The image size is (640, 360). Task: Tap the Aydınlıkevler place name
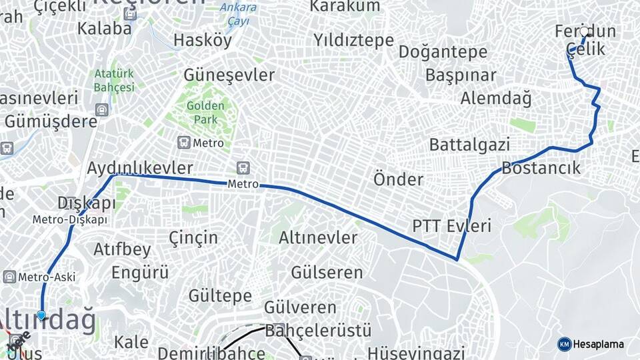point(140,168)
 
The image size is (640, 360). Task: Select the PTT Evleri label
point(451,226)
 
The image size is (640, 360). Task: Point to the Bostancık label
point(541,167)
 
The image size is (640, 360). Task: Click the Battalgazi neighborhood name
point(469,144)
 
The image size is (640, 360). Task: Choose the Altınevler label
point(318,237)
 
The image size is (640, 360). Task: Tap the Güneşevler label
point(229,75)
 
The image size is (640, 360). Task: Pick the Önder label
point(398,179)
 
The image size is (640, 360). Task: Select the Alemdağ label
point(496,99)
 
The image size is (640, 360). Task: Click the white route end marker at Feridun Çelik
point(585,31)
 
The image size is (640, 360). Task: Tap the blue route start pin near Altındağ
point(42,315)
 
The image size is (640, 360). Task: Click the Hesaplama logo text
point(598,344)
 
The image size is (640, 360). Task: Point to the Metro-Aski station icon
point(9,277)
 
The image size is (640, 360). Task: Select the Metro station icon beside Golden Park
point(183,143)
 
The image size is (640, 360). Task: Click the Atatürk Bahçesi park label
point(114,80)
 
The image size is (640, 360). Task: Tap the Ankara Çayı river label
point(237,14)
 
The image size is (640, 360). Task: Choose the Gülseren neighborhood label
point(327,272)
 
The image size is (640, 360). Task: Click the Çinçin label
point(193,237)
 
